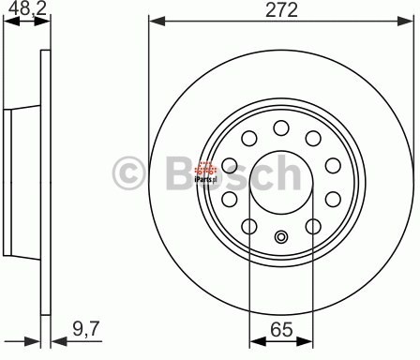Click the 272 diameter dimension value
[280, 11]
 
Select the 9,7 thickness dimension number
[87, 327]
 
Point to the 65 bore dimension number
[280, 328]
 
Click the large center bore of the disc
[280, 178]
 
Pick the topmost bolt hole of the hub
[280, 127]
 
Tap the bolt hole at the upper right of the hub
[313, 138]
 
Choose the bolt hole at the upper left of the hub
[248, 139]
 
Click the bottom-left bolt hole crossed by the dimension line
[248, 226]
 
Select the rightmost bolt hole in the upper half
[332, 165]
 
